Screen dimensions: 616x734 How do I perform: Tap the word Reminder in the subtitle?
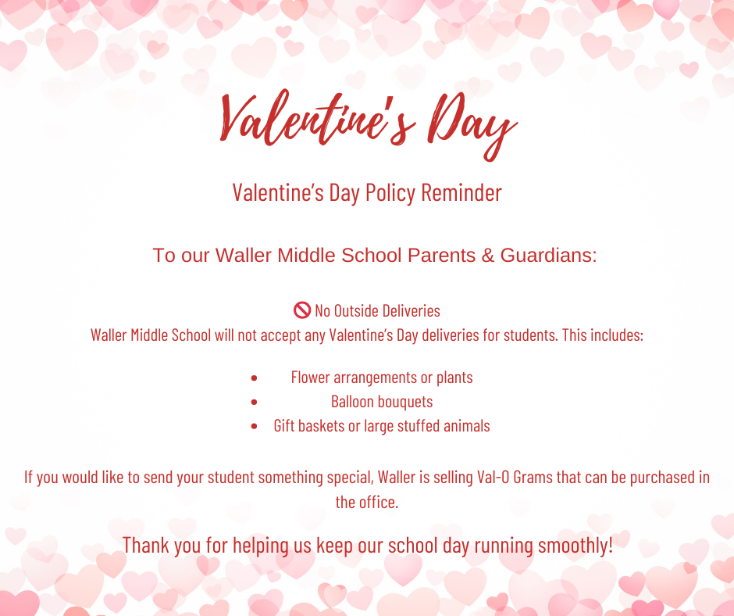[461, 192]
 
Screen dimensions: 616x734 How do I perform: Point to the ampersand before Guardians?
[487, 256]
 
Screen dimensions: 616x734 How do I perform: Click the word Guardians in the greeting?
[548, 256]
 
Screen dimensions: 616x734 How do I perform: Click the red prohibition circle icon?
[302, 310]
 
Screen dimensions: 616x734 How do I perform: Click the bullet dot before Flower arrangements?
[255, 378]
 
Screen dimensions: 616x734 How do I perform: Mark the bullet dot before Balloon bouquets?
[255, 403]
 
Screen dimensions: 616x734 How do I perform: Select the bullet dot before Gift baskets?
[255, 427]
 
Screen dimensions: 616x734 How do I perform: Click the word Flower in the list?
[310, 378]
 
